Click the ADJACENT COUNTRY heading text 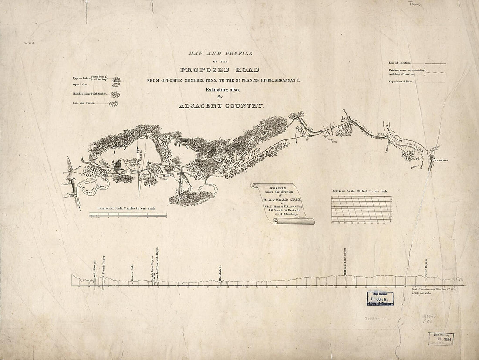point(221,106)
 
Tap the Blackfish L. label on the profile point(220,273)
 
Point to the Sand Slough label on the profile point(94,269)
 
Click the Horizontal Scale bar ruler point(128,214)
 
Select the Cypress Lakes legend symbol point(116,79)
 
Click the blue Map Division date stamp point(379,299)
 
